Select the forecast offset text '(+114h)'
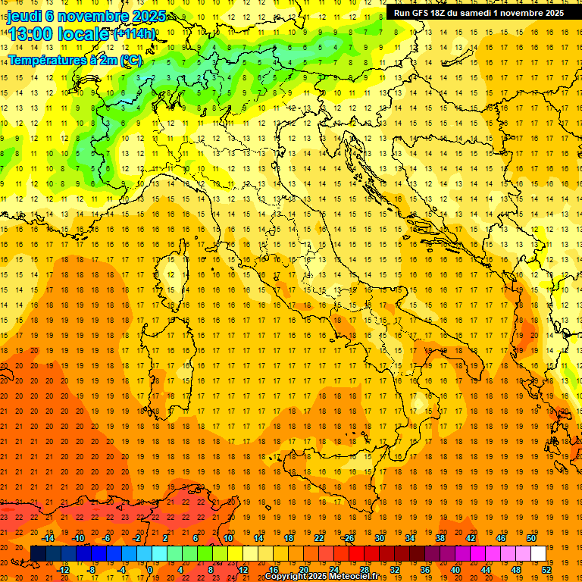pos(134,33)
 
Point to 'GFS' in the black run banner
pos(422,13)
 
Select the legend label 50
pos(530,537)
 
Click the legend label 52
pos(546,570)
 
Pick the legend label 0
pos(150,570)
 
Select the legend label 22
pos(319,537)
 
